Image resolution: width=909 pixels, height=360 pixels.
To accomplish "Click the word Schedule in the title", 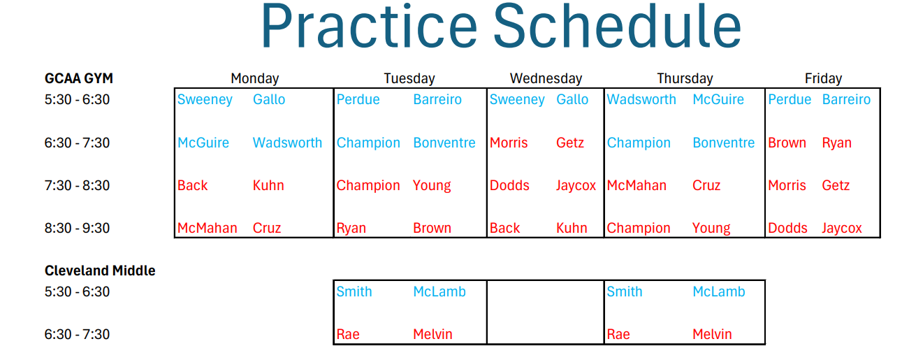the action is tap(618, 26).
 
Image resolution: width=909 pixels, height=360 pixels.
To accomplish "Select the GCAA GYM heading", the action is tap(79, 78).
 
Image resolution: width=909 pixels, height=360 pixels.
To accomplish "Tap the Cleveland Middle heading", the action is tap(100, 271).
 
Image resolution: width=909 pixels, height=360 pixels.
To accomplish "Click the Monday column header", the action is tap(255, 79).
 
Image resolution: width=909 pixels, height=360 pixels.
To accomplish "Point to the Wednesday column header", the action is tap(546, 79).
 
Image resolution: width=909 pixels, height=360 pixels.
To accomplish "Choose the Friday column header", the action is tap(823, 79).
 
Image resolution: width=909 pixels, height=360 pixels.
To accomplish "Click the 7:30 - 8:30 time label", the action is tap(77, 185).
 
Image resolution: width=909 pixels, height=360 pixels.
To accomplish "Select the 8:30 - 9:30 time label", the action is tap(77, 228).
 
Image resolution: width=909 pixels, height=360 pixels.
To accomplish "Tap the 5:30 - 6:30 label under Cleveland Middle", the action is tap(77, 291).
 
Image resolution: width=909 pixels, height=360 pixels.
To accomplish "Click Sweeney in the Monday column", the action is tap(205, 100).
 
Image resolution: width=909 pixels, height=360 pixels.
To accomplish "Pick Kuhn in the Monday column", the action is tap(268, 185).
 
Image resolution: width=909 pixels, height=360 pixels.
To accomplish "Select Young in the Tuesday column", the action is tap(432, 186).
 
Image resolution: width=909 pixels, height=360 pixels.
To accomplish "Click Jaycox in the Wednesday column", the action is tap(576, 186).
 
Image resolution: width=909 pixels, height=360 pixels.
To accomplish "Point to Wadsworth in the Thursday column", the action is tap(641, 100).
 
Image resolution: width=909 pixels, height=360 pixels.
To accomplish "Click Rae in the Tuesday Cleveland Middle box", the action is tap(348, 334).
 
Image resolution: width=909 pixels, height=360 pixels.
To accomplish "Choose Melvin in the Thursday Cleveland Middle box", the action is tap(712, 334).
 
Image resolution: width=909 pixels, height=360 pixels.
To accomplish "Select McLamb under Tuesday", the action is tap(439, 291).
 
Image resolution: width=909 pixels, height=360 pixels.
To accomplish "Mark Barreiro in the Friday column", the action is tap(846, 100).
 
